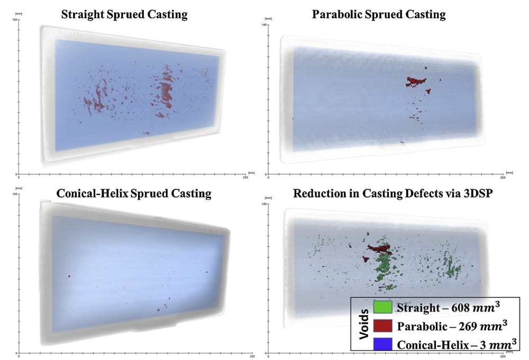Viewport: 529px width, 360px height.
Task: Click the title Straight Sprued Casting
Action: coord(124,14)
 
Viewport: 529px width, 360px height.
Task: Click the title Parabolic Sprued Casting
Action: coord(379,14)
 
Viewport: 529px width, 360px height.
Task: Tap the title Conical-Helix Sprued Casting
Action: coord(134,193)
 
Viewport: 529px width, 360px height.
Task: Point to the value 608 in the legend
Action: coord(470,308)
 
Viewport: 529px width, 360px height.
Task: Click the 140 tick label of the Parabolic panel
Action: coord(262,24)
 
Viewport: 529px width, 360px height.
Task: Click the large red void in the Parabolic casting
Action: coord(416,81)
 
